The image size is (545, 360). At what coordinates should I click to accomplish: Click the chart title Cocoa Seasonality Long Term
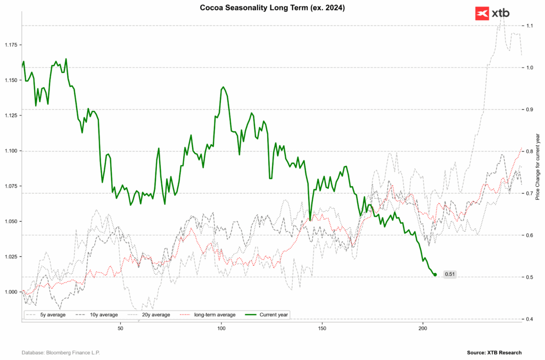(x=272, y=7)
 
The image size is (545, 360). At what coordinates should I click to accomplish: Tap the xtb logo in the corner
(x=492, y=13)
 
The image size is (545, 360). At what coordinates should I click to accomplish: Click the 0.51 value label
(x=450, y=274)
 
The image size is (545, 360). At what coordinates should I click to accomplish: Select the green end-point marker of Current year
(x=435, y=274)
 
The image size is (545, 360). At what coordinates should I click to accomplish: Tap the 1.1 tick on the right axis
(x=530, y=26)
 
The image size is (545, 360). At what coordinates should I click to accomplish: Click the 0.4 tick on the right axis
(x=530, y=319)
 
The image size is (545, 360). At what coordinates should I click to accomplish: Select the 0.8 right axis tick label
(x=530, y=152)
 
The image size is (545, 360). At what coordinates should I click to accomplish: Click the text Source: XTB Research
(x=494, y=353)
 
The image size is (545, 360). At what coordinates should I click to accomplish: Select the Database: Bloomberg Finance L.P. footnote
(x=61, y=353)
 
